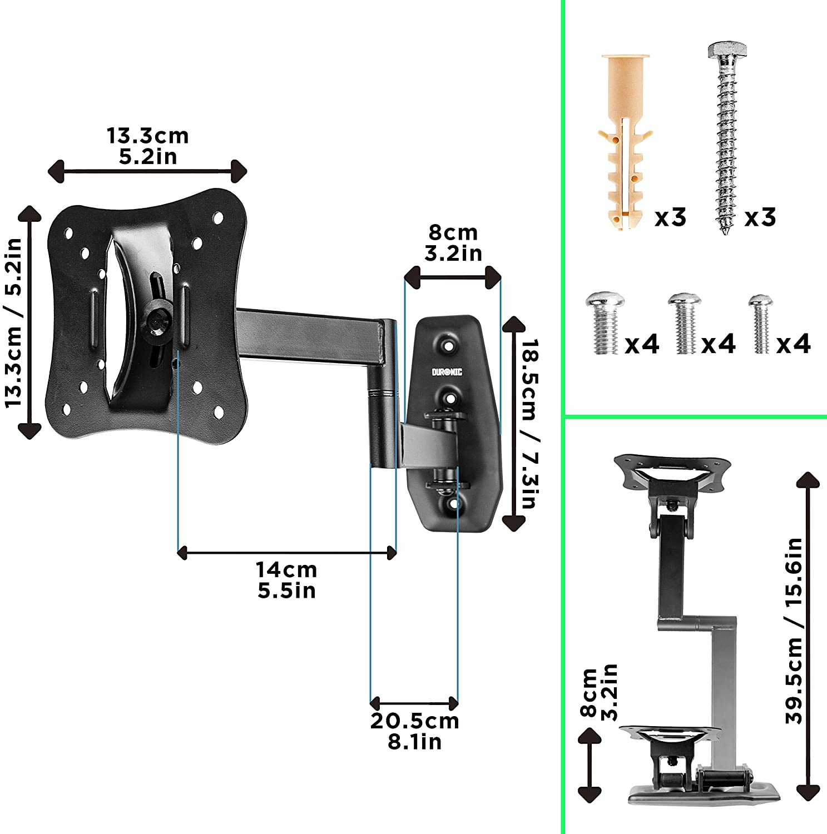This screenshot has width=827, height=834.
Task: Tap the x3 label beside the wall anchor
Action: [671, 217]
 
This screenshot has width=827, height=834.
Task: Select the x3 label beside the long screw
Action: [760, 217]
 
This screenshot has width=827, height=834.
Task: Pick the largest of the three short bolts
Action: [604, 324]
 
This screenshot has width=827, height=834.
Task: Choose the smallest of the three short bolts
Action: [760, 324]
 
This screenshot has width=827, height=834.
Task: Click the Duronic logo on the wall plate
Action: [447, 372]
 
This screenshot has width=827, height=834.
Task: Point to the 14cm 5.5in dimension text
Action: [286, 580]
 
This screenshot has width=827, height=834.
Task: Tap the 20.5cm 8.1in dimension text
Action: [415, 731]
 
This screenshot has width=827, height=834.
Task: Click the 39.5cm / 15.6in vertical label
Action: [794, 631]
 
